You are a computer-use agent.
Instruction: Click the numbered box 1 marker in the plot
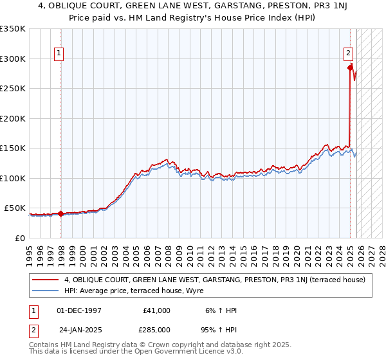pos(59,54)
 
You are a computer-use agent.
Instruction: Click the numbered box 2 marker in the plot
pos(348,54)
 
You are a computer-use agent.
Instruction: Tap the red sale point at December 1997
pos(60,213)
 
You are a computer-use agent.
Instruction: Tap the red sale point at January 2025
pos(350,67)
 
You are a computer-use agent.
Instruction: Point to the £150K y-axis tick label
pos(13,148)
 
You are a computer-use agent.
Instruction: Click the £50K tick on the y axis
pos(15,208)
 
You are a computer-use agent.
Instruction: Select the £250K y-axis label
pos(13,89)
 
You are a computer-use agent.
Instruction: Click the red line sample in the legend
pos(46,280)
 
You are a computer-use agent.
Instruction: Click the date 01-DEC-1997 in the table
pos(79,310)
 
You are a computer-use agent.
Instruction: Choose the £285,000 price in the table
pos(157,328)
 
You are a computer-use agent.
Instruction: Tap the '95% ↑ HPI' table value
pos(219,328)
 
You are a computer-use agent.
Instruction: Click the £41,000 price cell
pos(157,310)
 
